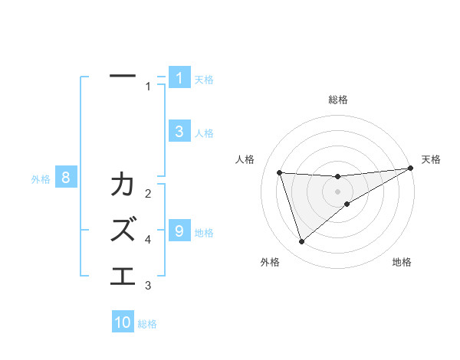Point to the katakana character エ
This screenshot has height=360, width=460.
pyautogui.click(x=123, y=274)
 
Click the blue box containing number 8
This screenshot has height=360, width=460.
pyautogui.click(x=67, y=178)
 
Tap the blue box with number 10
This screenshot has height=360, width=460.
pyautogui.click(x=123, y=322)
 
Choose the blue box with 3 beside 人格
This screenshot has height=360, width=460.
pyautogui.click(x=179, y=131)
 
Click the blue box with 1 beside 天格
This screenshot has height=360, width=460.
pyautogui.click(x=179, y=77)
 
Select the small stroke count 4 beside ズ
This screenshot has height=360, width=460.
pyautogui.click(x=148, y=240)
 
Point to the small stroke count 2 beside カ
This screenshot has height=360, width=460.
pyautogui.click(x=148, y=194)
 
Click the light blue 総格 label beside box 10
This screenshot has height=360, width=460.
pyautogui.click(x=147, y=324)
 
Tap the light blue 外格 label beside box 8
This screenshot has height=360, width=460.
pyautogui.click(x=41, y=179)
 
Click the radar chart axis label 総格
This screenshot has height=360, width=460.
pyautogui.click(x=338, y=100)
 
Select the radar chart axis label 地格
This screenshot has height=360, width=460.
pyautogui.click(x=402, y=263)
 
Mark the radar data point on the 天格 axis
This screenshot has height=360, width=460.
pyautogui.click(x=410, y=168)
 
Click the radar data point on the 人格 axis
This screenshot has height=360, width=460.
pyautogui.click(x=280, y=172)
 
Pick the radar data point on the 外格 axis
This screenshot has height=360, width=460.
pyautogui.click(x=301, y=242)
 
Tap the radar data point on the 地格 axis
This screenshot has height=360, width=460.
pyautogui.click(x=347, y=204)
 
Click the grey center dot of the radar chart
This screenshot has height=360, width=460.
pyautogui.click(x=338, y=191)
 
